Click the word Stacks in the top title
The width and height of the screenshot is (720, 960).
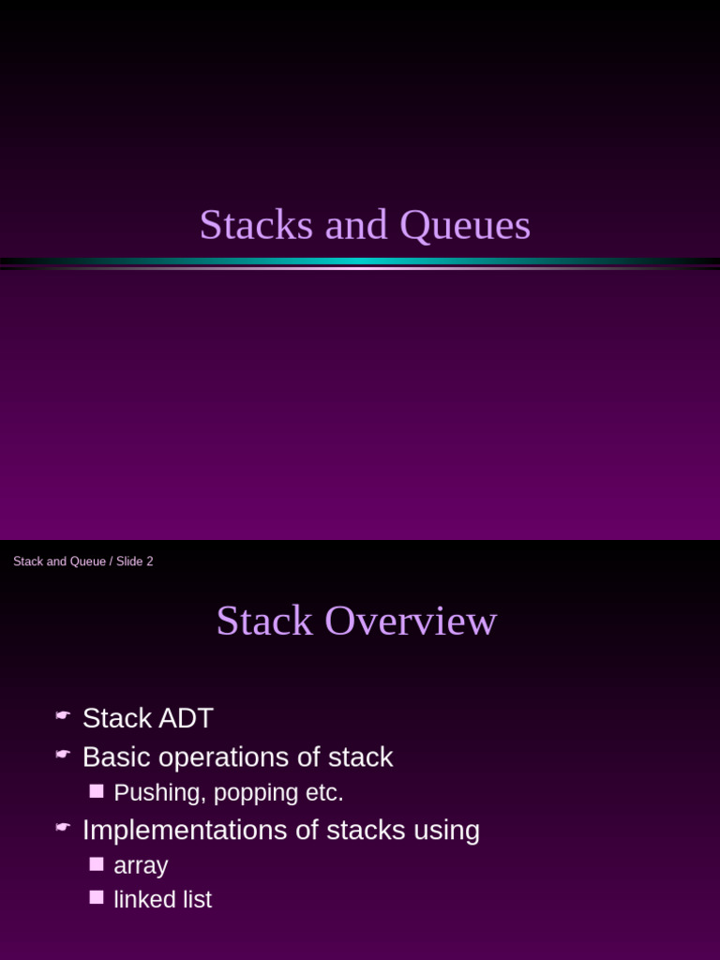pos(256,225)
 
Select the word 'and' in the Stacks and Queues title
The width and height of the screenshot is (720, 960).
pos(356,225)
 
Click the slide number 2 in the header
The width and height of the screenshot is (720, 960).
pos(149,562)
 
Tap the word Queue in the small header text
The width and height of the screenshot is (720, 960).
pos(88,562)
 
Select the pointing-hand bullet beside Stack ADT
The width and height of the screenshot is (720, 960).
pos(63,715)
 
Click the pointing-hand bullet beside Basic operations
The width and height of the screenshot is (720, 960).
pos(63,754)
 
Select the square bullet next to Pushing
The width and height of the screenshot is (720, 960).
pos(97,791)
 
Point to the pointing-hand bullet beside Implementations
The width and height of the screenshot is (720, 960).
pos(63,827)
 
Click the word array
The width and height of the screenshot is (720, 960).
pos(141,866)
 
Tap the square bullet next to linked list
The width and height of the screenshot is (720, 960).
pos(97,897)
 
